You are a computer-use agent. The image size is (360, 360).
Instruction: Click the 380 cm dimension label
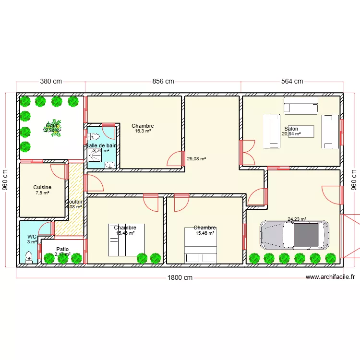click(x=51, y=81)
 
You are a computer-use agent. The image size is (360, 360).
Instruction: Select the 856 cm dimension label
click(x=163, y=81)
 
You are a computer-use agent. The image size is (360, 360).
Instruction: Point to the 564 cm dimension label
click(x=292, y=81)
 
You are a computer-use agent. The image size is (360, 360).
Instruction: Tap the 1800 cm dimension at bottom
click(x=180, y=277)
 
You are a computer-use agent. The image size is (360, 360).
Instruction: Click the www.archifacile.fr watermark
click(x=330, y=277)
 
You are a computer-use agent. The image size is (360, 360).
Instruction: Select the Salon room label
click(x=291, y=129)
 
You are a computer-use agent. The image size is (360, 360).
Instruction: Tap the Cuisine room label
click(x=42, y=187)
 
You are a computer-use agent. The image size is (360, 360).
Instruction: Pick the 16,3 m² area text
click(x=143, y=131)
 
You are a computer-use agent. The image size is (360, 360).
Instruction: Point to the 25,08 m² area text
click(x=196, y=158)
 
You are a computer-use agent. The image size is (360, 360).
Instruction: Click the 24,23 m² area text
click(x=297, y=219)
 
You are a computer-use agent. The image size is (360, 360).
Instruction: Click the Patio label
click(x=62, y=249)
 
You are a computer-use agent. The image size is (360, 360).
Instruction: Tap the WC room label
click(x=32, y=237)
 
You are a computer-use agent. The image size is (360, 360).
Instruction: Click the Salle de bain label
click(x=101, y=145)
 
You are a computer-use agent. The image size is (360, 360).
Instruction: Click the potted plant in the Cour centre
click(x=56, y=128)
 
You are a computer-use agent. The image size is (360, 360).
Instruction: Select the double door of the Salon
click(x=247, y=152)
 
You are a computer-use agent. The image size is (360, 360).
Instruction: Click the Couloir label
click(x=74, y=202)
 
